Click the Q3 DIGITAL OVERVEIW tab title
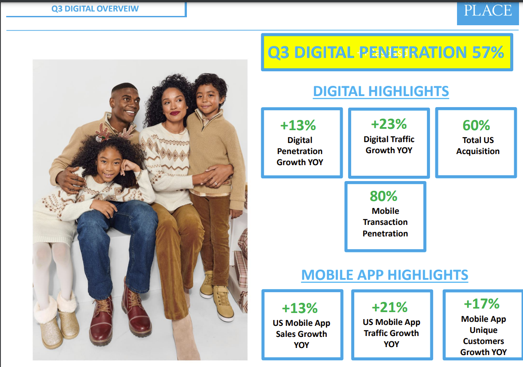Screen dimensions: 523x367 [x=95, y=9]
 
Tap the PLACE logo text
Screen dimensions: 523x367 [x=488, y=10]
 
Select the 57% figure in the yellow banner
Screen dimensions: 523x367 [x=488, y=52]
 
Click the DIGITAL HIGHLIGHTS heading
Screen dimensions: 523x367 [x=381, y=91]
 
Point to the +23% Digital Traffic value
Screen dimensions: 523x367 [x=389, y=124]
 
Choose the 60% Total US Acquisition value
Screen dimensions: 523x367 [x=476, y=125]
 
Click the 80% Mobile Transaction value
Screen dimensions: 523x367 [x=384, y=196]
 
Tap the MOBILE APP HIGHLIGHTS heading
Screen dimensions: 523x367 [x=384, y=275]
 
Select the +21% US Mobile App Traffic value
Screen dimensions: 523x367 [x=390, y=307]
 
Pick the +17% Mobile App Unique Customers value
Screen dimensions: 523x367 [x=482, y=304]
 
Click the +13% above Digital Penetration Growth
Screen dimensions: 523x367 [x=298, y=125]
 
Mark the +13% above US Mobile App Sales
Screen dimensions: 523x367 [x=299, y=308]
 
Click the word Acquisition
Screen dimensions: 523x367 [x=478, y=151]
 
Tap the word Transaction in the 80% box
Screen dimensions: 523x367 [x=385, y=222]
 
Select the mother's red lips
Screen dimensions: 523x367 [x=174, y=113]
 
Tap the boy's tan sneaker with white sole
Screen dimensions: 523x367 [x=223, y=303]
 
